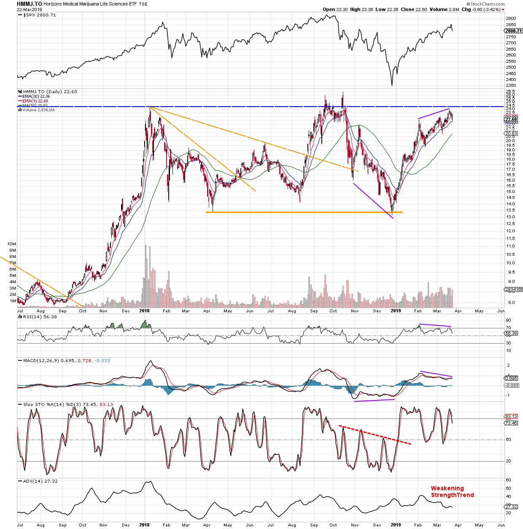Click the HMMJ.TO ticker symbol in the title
click(x=29, y=4)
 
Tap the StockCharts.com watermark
click(x=485, y=4)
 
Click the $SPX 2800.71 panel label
click(x=39, y=15)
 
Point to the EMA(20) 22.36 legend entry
click(x=36, y=97)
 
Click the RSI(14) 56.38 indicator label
click(x=40, y=317)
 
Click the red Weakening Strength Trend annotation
click(x=452, y=492)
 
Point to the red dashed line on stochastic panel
click(x=375, y=435)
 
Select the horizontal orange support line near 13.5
click(x=304, y=212)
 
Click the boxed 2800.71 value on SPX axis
click(x=513, y=31)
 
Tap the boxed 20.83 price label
click(x=511, y=134)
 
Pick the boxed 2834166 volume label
click(x=513, y=290)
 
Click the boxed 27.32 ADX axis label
click(x=511, y=507)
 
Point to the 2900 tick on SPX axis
click(x=510, y=19)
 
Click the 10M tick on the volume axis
click(x=12, y=244)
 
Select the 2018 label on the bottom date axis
click(x=144, y=525)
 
